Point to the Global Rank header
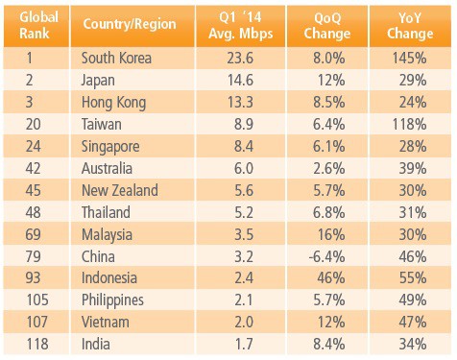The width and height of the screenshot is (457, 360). click(37, 22)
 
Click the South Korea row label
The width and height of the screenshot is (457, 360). click(120, 57)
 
